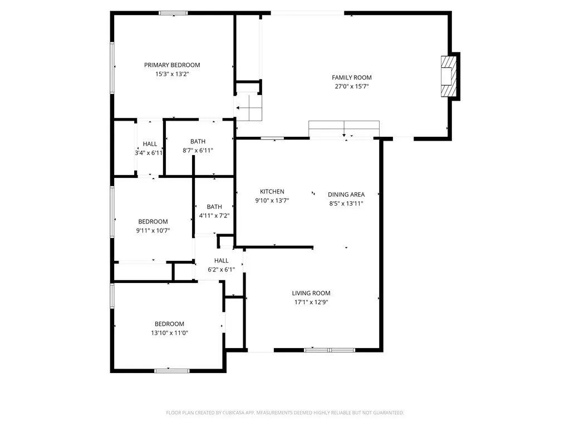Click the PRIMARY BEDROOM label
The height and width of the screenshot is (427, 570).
[172, 65]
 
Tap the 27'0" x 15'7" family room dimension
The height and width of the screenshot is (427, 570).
[351, 87]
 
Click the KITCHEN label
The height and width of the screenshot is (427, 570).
[272, 191]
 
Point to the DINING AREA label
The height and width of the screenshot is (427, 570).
[346, 195]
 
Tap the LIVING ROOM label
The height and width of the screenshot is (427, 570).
[311, 293]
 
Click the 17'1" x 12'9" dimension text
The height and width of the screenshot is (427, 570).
[311, 302]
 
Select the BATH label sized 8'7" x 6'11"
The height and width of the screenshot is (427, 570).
[198, 141]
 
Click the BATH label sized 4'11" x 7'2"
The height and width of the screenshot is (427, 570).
[214, 207]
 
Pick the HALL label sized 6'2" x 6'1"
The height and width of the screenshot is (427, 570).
[222, 261]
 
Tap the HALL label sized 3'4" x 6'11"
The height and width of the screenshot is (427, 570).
[150, 144]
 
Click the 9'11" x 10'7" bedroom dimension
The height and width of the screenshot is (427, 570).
[153, 230]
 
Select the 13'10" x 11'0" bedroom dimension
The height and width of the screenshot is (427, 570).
[169, 333]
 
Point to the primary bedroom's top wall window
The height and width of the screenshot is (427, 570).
[173, 13]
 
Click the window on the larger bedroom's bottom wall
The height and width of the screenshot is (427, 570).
[168, 370]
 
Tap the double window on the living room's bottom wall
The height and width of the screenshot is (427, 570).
[330, 350]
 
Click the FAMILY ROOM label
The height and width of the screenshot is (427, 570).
[351, 77]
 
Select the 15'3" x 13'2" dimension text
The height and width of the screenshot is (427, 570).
[172, 74]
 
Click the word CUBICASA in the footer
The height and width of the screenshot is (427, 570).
[228, 413]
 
